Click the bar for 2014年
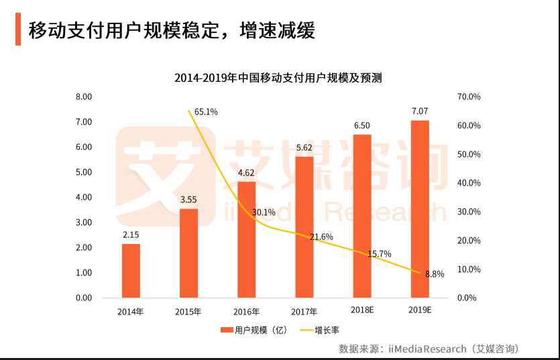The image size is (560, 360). pos(131,271)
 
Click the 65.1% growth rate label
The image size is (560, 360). pos(205,112)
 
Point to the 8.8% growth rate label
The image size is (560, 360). pos(435,274)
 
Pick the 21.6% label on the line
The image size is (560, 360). pos(322,237)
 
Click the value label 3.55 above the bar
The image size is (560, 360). pos(188,199)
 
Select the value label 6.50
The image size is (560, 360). pos(362,125)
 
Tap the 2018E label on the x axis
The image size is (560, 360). pos(362,310)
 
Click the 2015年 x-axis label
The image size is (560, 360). pos(188,311)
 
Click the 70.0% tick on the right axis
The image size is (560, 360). pos(469,97)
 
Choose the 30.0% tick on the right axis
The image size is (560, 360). pos(469,212)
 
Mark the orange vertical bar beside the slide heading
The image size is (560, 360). pos(18,29)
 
